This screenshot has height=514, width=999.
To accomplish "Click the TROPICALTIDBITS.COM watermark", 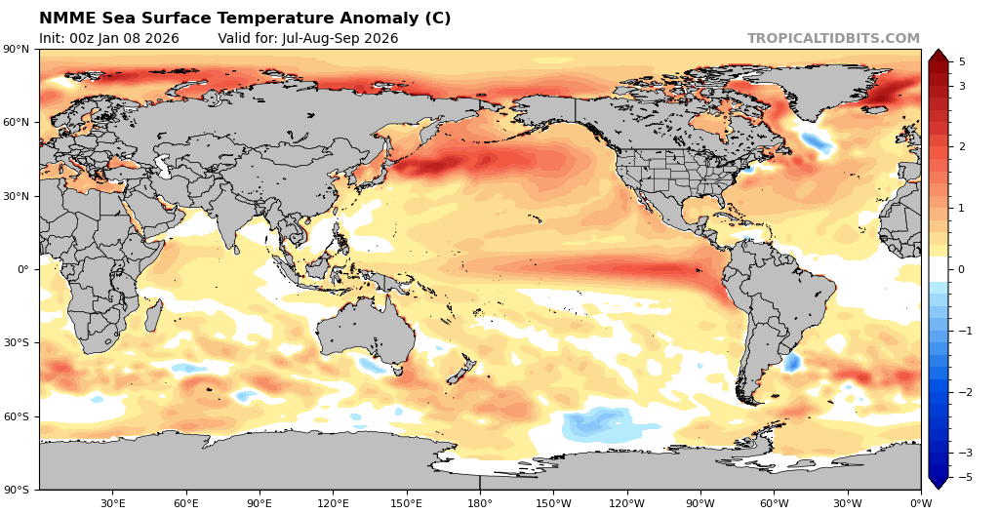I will (833, 39).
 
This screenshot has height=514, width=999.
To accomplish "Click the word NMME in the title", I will (65, 19).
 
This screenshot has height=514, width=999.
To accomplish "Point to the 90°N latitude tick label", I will (18, 49).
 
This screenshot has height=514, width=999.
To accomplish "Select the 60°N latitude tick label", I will (18, 123).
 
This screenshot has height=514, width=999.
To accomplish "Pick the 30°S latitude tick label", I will (18, 343).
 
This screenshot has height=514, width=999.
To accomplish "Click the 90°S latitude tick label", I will (18, 490).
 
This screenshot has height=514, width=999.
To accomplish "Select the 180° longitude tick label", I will (480, 503).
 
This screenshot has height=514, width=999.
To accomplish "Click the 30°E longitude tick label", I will (112, 503).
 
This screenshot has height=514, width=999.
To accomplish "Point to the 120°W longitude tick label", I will (626, 503).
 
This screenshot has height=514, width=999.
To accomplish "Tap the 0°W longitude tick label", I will (920, 503).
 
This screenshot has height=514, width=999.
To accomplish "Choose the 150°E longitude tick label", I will (406, 503).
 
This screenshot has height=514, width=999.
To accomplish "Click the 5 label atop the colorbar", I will (962, 61).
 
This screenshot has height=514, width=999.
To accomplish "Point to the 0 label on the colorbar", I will (962, 269).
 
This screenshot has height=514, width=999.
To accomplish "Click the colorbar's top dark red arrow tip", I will (938, 54).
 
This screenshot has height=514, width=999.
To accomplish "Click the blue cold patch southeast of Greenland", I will (816, 143).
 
